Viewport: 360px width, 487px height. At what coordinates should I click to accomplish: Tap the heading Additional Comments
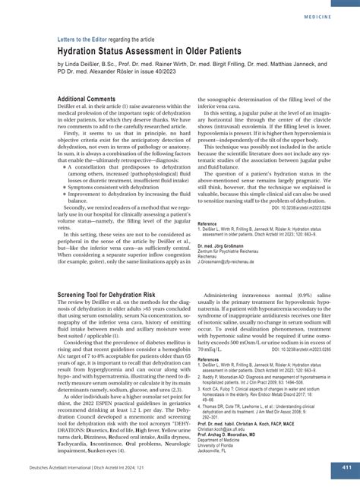click(x=90, y=99)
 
